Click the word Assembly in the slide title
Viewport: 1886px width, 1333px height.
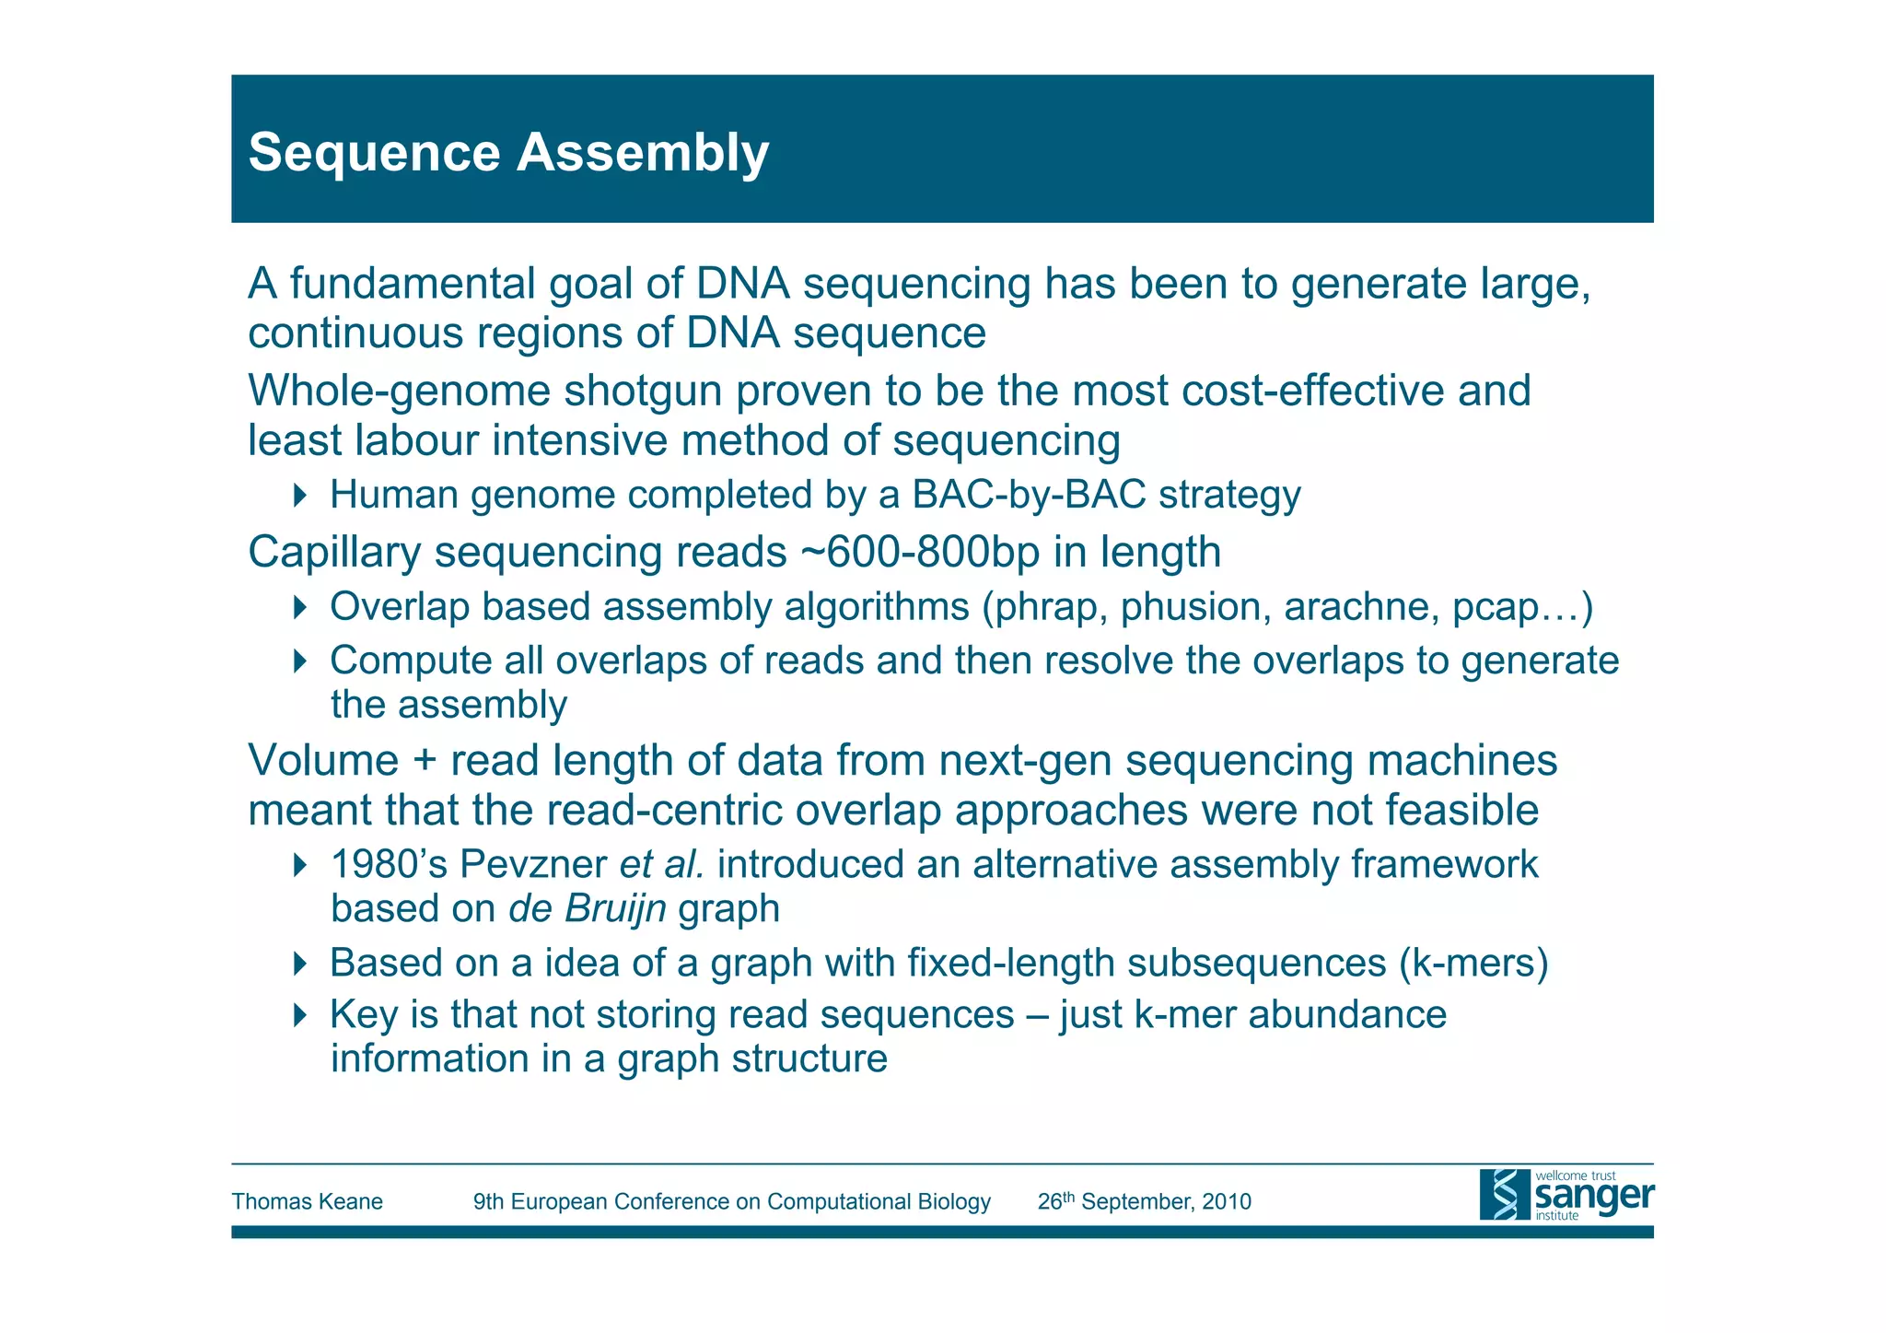(x=642, y=153)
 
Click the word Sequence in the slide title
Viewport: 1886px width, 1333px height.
(x=374, y=153)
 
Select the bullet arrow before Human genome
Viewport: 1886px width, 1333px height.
(x=299, y=495)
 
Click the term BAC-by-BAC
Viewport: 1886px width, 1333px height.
(x=1029, y=495)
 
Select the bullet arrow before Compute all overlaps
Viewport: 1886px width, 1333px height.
(x=299, y=661)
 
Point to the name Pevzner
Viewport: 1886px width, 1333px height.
(x=532, y=865)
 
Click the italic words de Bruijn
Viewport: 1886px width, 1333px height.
(x=587, y=909)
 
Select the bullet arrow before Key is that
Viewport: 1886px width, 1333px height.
(x=299, y=1015)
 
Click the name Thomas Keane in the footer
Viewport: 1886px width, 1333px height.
(x=307, y=1201)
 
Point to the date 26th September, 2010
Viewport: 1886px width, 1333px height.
(x=1144, y=1201)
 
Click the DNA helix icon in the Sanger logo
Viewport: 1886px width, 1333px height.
(x=1504, y=1195)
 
